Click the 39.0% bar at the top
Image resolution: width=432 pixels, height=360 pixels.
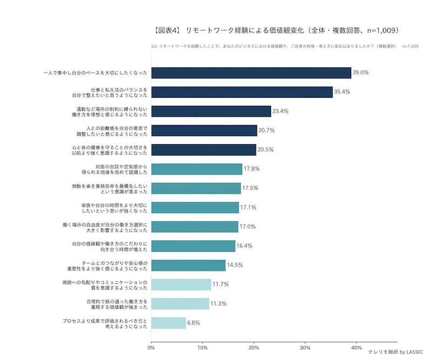(x=251, y=73)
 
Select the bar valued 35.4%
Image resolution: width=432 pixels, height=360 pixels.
(x=242, y=92)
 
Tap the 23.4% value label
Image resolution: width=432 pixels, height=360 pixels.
(x=280, y=111)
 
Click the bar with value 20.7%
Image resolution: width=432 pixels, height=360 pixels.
(x=204, y=131)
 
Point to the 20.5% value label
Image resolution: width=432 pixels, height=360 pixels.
(x=265, y=150)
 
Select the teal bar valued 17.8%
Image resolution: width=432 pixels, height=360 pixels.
(x=197, y=169)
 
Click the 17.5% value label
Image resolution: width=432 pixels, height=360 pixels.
(x=250, y=188)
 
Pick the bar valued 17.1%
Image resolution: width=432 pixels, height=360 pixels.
(x=195, y=207)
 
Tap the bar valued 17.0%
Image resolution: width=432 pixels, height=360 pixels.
(x=194, y=227)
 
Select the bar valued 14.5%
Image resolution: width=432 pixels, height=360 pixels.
(x=188, y=265)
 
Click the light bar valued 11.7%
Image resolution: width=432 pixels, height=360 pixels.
(x=181, y=284)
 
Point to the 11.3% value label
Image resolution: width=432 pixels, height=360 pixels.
(x=218, y=303)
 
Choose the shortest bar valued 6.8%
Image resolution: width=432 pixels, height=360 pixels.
(x=168, y=323)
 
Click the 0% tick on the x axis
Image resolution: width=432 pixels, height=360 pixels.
(x=151, y=347)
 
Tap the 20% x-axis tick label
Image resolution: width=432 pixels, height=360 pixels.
(x=254, y=347)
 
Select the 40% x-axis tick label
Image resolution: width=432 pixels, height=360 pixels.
(x=356, y=347)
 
